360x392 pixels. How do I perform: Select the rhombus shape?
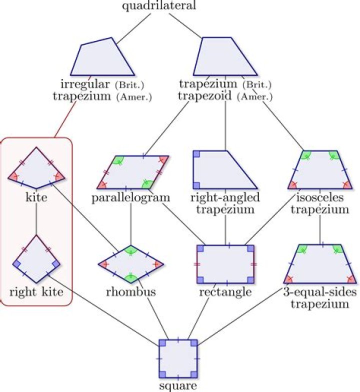(130, 263)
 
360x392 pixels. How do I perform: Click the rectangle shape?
(225, 263)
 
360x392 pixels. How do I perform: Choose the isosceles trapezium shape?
(319, 170)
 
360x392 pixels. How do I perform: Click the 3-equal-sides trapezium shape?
(319, 264)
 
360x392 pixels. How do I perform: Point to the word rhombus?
(130, 291)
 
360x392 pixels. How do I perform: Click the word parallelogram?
(131, 197)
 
